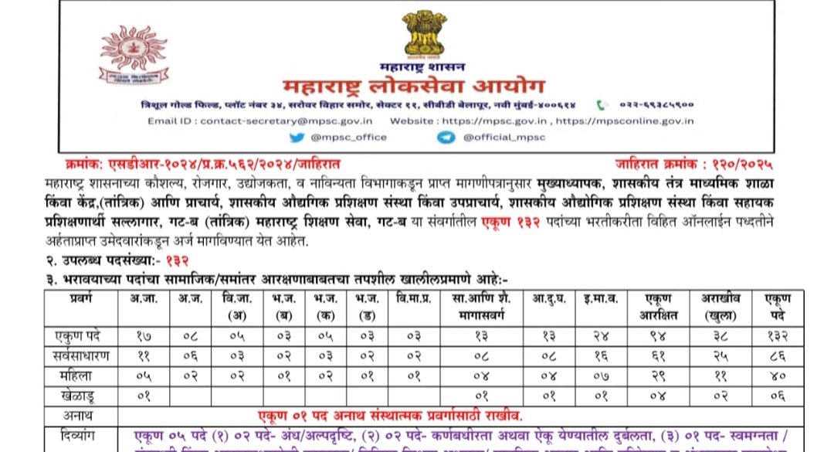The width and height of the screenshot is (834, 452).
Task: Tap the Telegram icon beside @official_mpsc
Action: tap(445, 137)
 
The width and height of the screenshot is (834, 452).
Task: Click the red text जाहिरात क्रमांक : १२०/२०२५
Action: tap(694, 164)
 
